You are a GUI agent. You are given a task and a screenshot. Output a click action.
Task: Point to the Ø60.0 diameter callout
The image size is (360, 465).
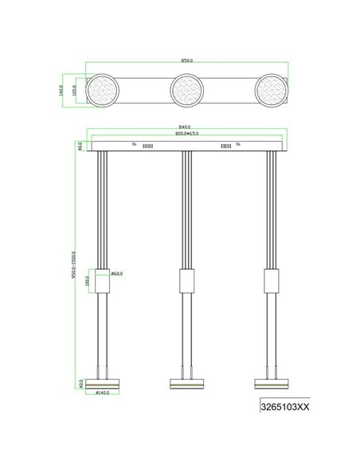click(x=116, y=274)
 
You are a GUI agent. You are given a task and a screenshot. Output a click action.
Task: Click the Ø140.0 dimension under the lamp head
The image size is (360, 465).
click(x=103, y=393)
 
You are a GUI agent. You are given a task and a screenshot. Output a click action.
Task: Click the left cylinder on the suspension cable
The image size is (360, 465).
click(x=101, y=281)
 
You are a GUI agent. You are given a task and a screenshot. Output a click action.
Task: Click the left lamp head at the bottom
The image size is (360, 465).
click(x=101, y=383)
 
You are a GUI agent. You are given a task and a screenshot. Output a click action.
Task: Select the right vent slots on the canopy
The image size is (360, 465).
click(x=226, y=147)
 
